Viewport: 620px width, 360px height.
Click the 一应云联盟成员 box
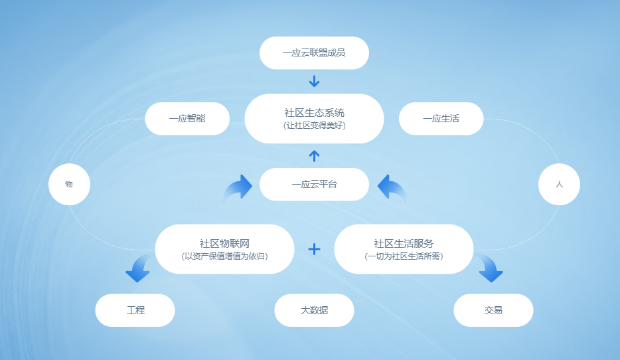(314, 53)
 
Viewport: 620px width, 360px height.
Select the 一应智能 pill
(187, 119)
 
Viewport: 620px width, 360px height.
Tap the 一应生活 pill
(441, 119)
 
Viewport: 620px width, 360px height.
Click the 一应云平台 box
(314, 185)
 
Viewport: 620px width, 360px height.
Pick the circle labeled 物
(69, 185)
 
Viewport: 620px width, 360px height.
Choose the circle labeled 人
(559, 185)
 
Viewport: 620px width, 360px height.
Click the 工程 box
(135, 310)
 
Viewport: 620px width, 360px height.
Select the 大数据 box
(314, 310)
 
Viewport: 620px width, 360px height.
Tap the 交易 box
(493, 310)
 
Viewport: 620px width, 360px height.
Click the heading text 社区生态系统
(315, 113)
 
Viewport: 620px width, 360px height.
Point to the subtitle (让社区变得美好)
(315, 126)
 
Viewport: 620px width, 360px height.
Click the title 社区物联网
(224, 243)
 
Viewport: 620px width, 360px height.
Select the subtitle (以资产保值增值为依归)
(224, 256)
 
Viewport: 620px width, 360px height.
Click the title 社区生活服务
(404, 243)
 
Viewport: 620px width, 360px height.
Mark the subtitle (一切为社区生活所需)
(404, 256)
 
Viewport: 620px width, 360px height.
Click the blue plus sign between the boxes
(315, 249)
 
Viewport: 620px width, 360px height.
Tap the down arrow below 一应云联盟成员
(315, 81)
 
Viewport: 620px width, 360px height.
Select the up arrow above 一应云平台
(315, 156)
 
